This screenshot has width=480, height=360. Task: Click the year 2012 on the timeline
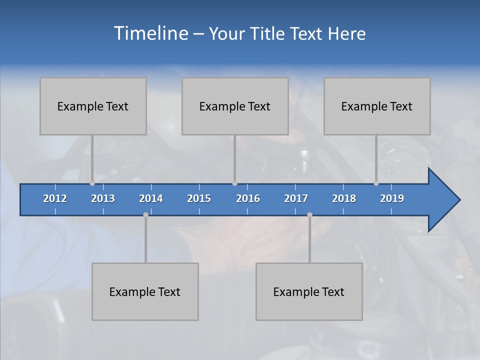(55, 198)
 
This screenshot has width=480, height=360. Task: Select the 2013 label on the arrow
(103, 198)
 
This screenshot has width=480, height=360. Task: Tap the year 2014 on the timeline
(151, 198)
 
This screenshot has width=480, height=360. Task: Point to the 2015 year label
(199, 198)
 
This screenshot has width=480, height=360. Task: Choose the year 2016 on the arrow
(248, 198)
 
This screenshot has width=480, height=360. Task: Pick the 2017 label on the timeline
(296, 198)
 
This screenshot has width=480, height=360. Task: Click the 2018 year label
(344, 198)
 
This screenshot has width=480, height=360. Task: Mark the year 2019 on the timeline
(392, 198)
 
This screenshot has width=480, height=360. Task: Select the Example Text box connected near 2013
(93, 106)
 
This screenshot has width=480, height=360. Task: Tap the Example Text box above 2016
(235, 106)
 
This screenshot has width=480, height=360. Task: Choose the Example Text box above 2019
(377, 106)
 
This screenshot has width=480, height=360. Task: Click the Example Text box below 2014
(145, 292)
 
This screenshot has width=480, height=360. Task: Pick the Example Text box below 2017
(309, 292)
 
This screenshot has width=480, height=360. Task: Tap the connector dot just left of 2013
(92, 183)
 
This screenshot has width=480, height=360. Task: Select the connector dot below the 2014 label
(145, 214)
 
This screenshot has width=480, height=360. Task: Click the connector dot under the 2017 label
(309, 214)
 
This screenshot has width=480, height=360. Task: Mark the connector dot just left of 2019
(376, 183)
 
